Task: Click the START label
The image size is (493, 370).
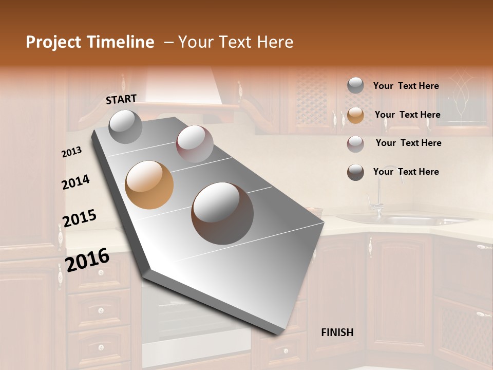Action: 121,99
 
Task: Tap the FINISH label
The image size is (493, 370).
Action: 337,332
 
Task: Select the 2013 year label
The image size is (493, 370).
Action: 72,152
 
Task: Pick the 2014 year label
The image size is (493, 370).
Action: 76,182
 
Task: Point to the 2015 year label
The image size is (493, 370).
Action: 80,218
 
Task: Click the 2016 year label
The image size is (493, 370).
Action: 87,260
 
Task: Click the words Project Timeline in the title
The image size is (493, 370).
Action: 90,42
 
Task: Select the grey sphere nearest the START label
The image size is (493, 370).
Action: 125,126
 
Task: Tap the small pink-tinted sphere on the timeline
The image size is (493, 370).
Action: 195,144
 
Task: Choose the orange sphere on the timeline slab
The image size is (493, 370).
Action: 149,185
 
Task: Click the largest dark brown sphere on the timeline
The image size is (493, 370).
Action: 222,213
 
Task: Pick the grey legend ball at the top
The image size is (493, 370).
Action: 355,85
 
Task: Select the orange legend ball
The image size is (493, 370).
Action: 355,115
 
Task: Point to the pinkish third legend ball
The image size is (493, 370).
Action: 355,144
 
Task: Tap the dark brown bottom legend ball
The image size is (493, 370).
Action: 355,172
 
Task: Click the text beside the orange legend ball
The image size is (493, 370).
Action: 407,115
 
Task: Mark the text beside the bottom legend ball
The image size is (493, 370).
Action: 406,172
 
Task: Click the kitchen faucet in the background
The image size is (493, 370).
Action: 378,195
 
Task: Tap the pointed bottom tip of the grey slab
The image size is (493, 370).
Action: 280,333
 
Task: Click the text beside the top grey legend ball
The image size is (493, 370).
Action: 406,86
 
